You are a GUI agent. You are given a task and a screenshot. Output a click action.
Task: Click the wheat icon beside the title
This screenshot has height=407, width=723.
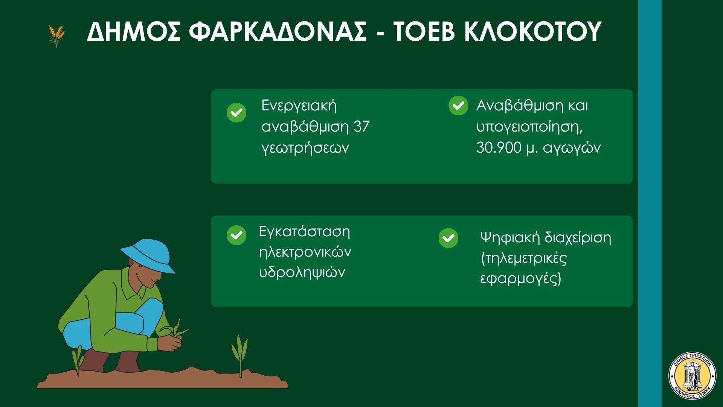pos(56,36)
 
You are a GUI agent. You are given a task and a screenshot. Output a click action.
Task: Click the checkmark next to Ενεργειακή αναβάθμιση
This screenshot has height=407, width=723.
pos(236,113)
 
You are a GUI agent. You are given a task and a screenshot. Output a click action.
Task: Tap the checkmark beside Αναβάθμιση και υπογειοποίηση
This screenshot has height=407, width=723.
pos(458,106)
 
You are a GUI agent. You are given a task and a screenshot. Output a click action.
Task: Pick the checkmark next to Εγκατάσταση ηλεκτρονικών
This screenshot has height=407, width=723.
pos(236,235)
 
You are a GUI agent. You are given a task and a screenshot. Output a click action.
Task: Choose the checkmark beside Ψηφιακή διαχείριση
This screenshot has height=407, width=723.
pos(448,238)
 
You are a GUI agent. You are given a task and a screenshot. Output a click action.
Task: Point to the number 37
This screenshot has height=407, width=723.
pos(362,126)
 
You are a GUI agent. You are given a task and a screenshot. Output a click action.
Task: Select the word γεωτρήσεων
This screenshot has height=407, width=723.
pos(305,148)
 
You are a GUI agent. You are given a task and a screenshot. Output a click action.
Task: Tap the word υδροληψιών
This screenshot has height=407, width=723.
pos(302,272)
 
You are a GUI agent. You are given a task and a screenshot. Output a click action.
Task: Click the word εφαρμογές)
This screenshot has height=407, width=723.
pos(521,279)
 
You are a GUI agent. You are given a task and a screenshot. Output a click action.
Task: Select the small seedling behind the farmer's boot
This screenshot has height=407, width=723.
pos(78,360)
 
